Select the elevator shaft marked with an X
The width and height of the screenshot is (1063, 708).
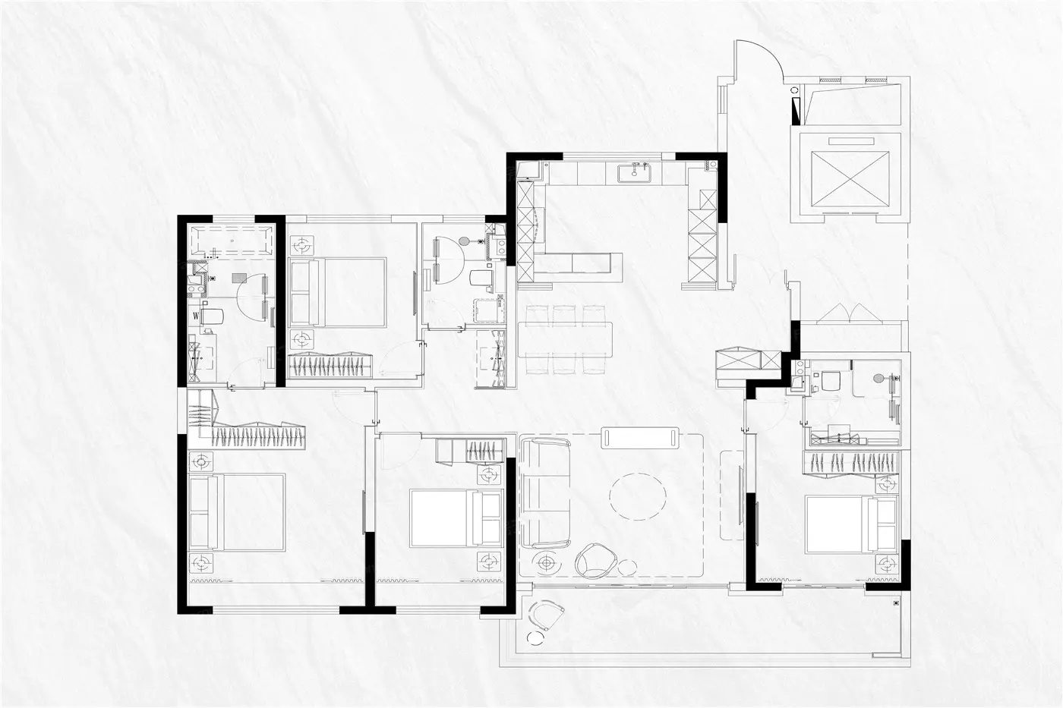(850, 179)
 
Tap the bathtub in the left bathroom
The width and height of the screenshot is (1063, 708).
(232, 242)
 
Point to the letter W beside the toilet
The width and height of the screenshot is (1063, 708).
(196, 315)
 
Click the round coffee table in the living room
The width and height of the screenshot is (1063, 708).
(638, 496)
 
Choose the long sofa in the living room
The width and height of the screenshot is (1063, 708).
(545, 494)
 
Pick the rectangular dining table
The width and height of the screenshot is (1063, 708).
(565, 339)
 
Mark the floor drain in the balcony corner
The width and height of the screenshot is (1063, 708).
(895, 603)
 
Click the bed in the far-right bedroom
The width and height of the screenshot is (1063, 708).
(851, 524)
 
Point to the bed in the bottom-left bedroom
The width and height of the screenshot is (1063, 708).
(237, 512)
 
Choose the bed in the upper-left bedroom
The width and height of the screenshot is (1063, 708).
(337, 291)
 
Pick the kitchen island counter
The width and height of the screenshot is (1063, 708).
(579, 263)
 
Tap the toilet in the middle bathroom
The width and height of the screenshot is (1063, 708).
(481, 278)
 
